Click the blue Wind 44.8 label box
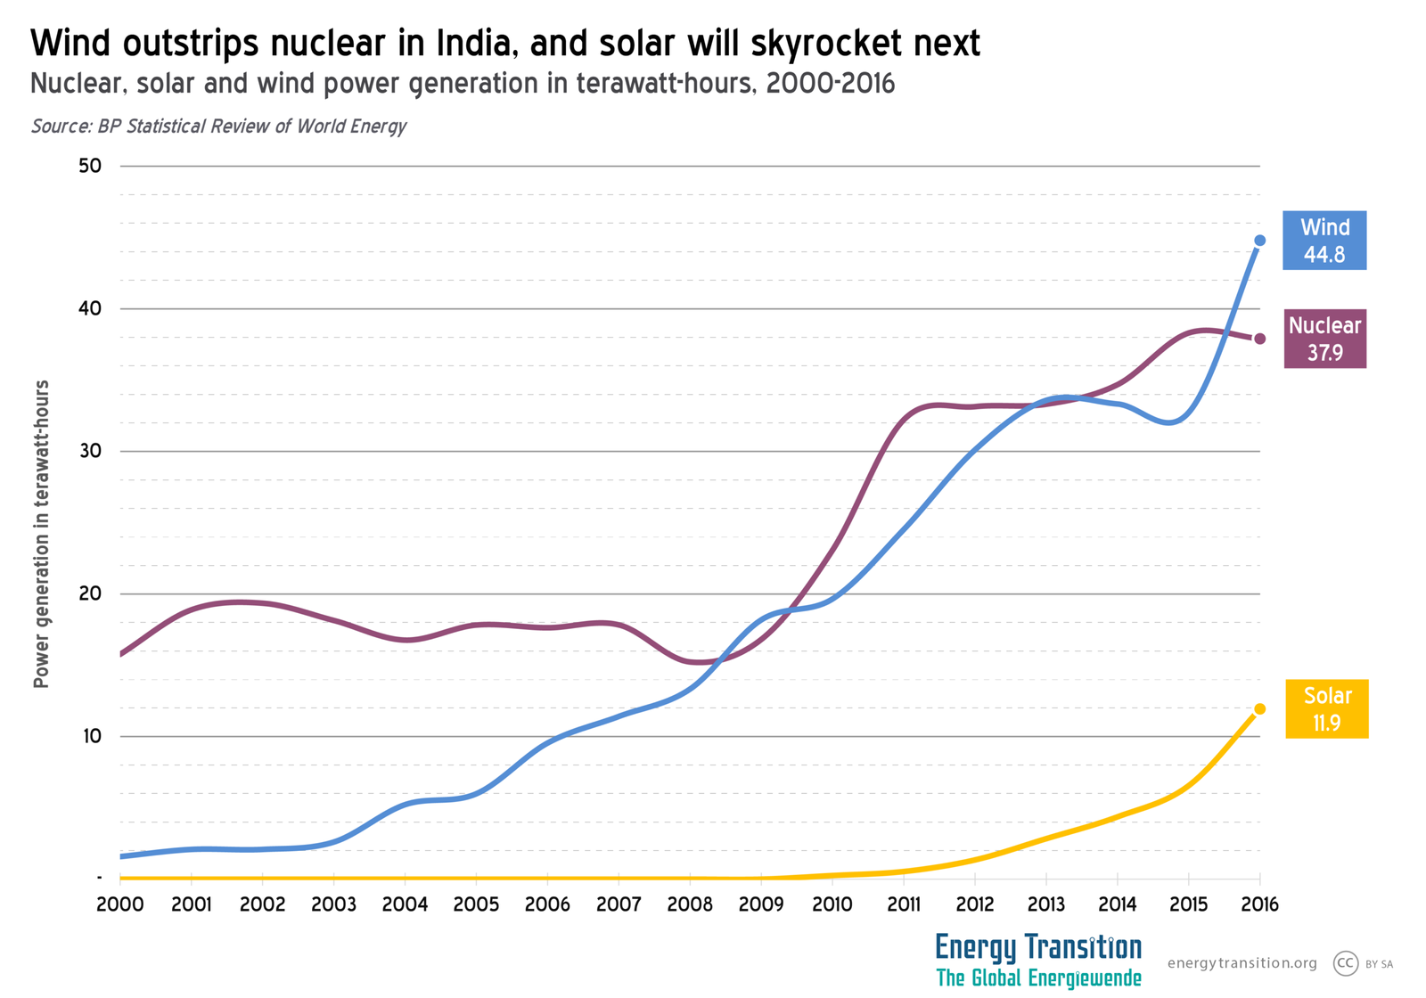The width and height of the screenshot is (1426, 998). [1324, 241]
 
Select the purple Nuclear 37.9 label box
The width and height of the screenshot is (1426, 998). [1324, 339]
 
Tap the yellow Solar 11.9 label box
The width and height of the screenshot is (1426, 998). [1326, 709]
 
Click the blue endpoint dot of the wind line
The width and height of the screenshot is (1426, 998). [1259, 241]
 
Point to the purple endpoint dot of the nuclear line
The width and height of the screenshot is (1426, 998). [1259, 339]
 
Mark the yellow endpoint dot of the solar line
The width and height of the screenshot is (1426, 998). [1259, 709]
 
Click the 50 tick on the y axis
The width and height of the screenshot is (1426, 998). [91, 166]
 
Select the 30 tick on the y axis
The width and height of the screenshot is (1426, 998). [91, 451]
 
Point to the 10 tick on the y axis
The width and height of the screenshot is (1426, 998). [91, 736]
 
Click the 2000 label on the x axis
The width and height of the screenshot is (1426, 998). [119, 904]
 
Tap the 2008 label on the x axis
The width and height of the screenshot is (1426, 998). [690, 904]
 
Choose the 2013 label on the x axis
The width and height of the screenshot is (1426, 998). [1045, 904]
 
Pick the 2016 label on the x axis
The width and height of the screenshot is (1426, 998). [1259, 904]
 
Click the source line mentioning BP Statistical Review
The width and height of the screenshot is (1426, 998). [218, 126]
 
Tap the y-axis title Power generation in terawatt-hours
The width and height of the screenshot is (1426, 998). [41, 535]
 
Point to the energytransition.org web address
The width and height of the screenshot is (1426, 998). [1242, 963]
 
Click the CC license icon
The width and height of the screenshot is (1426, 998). [1345, 963]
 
